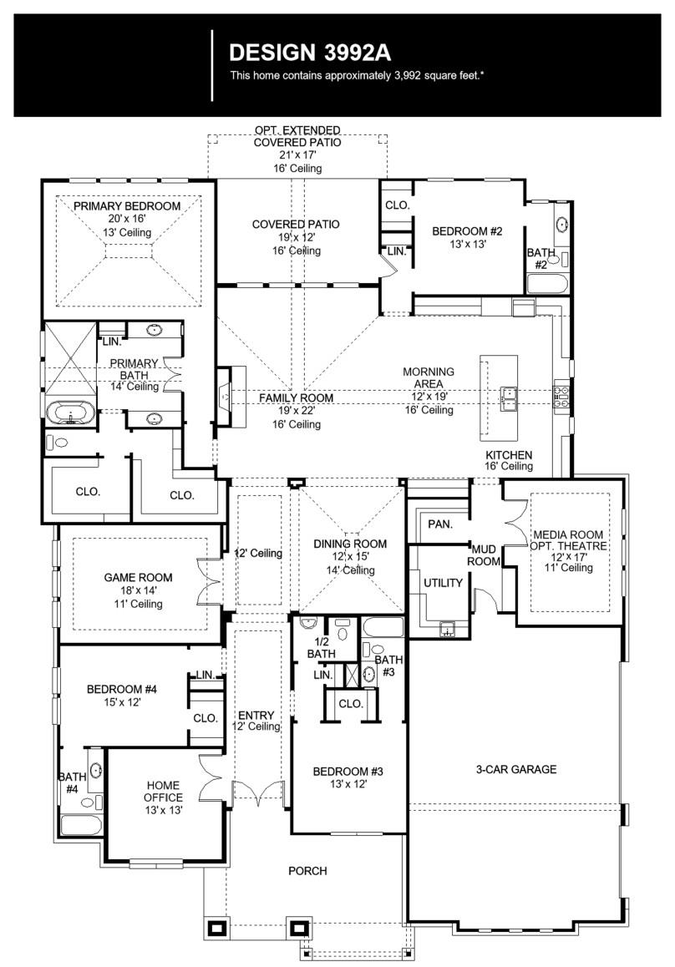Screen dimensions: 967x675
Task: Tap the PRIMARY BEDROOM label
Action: click(x=126, y=206)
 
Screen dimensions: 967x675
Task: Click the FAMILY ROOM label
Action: click(x=295, y=398)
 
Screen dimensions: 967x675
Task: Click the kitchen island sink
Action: click(x=508, y=394)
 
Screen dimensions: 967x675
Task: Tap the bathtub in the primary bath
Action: click(x=69, y=413)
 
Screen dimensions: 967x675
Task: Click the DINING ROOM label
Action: click(x=350, y=544)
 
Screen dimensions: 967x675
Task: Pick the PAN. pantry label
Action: click(x=439, y=524)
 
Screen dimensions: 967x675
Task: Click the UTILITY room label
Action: click(x=442, y=582)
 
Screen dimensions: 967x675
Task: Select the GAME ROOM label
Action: click(x=138, y=577)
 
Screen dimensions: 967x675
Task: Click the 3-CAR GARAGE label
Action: click(x=515, y=769)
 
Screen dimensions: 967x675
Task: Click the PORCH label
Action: click(x=307, y=871)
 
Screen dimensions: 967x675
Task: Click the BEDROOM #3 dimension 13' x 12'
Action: click(x=348, y=784)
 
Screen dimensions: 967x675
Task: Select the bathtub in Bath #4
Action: click(x=81, y=825)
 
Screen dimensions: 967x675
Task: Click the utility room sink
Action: click(x=448, y=627)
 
